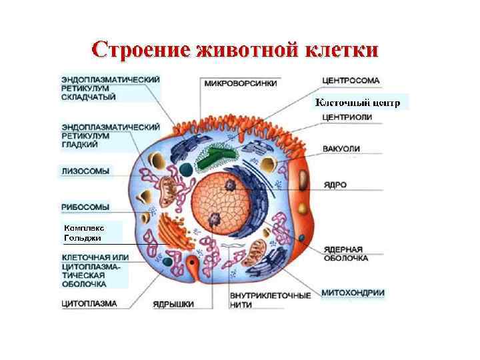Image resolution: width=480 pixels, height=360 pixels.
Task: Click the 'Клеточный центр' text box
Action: pyautogui.click(x=357, y=103)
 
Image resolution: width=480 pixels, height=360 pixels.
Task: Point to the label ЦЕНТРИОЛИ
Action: pyautogui.click(x=347, y=117)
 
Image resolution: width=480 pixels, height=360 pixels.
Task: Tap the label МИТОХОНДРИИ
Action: pyautogui.click(x=353, y=293)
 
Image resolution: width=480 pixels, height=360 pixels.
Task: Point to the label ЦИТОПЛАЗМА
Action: pyautogui.click(x=89, y=303)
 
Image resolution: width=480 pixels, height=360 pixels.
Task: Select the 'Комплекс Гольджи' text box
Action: pyautogui.click(x=83, y=233)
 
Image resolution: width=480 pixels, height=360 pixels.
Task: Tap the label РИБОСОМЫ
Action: pyautogui.click(x=85, y=207)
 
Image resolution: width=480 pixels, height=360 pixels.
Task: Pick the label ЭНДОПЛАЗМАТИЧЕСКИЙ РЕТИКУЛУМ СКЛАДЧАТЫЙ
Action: pyautogui.click(x=109, y=87)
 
